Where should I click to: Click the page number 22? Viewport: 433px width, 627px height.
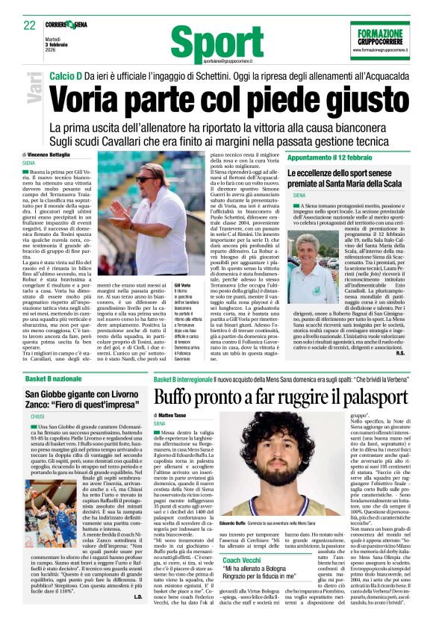(x=30, y=25)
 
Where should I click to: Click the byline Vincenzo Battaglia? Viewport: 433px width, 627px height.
(x=65, y=155)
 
